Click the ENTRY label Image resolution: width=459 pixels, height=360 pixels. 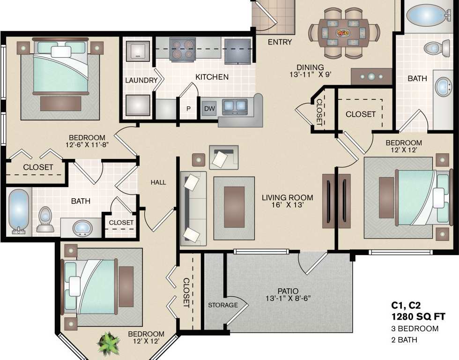280,42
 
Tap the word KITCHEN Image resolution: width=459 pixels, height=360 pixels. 212,77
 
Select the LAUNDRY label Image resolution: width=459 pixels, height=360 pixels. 141,80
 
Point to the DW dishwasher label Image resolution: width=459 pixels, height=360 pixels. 209,109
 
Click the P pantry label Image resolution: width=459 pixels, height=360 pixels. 188,109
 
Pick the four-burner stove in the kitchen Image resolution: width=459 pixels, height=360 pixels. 182,49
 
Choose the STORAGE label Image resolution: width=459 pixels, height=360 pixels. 223,305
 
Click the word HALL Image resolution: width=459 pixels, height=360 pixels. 158,182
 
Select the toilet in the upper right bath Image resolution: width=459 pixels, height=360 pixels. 432,47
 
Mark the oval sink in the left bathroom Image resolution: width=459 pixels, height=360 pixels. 83,228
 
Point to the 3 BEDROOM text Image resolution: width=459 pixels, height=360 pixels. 415,328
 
